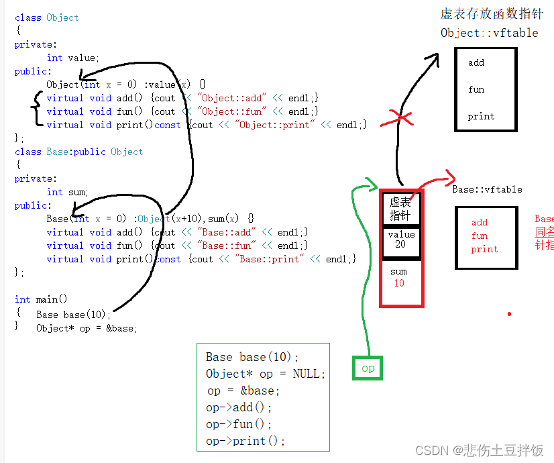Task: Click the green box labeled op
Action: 368,368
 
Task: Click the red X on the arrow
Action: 401,119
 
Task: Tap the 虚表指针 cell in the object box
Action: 400,209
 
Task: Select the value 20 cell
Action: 400,240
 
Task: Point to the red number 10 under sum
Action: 399,283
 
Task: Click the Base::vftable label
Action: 487,189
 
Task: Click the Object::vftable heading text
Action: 489,33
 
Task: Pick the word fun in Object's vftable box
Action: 476,89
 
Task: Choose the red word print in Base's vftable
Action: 484,249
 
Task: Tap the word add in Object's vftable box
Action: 476,62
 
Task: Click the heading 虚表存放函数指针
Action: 492,14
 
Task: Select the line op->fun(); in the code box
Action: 239,424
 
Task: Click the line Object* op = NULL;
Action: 265,374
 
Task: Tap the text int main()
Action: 41,299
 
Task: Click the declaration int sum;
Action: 67,192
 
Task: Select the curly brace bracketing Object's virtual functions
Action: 36,111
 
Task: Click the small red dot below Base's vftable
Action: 509,313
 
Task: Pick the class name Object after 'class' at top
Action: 62,17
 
